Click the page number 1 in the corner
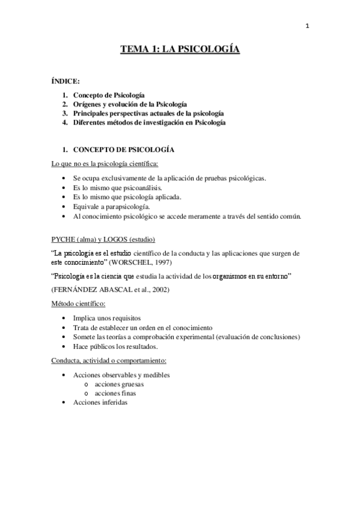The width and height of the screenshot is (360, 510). pos(308,25)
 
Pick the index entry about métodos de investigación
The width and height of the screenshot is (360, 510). pos(149,122)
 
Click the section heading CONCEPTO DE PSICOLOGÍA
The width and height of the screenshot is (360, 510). pos(123,149)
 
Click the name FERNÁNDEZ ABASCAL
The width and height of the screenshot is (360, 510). pos(91,290)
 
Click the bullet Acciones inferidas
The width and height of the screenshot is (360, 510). pos(100,402)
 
